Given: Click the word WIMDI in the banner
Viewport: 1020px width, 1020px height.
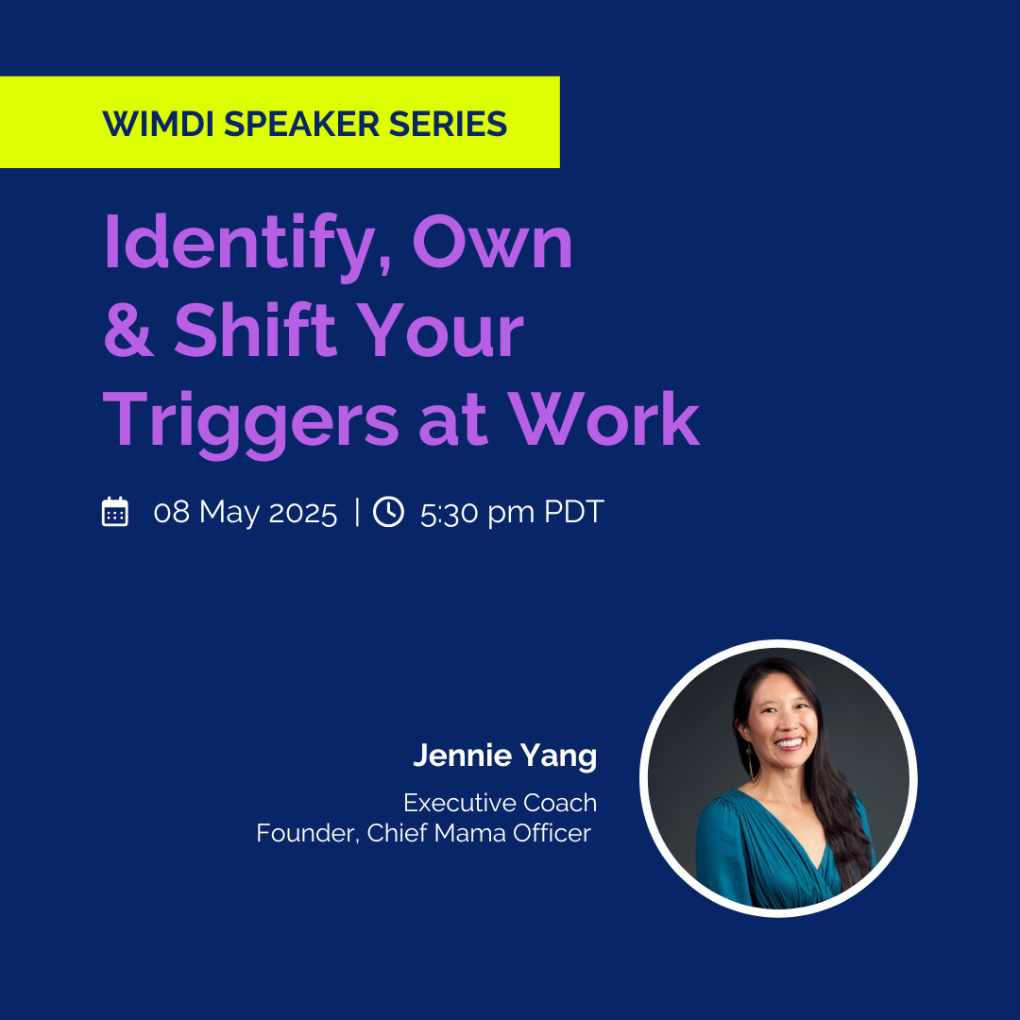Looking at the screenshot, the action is click(x=158, y=124).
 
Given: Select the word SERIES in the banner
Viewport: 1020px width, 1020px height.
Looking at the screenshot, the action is click(x=449, y=124).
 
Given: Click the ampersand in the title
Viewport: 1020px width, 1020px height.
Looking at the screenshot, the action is click(x=128, y=330).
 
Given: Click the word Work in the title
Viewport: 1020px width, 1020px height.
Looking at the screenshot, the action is click(x=603, y=418).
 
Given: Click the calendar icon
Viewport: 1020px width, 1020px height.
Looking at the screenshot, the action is click(x=115, y=511).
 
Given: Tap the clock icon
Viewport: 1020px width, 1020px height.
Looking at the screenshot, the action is click(x=388, y=511).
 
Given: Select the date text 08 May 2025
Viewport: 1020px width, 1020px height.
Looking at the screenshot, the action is click(x=246, y=513).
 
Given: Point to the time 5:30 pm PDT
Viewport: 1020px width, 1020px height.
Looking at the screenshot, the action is click(x=512, y=513).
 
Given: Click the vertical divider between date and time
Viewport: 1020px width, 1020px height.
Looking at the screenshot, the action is click(x=357, y=511).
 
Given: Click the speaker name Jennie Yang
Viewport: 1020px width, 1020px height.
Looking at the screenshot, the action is click(x=504, y=756).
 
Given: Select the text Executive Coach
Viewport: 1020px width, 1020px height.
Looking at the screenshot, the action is click(x=501, y=803).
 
